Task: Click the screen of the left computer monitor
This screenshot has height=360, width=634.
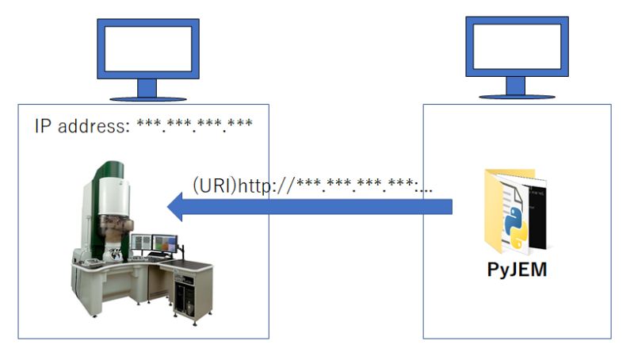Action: tap(147, 48)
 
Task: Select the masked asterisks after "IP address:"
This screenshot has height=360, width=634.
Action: tap(195, 126)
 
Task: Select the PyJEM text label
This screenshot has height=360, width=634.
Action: tap(516, 270)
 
